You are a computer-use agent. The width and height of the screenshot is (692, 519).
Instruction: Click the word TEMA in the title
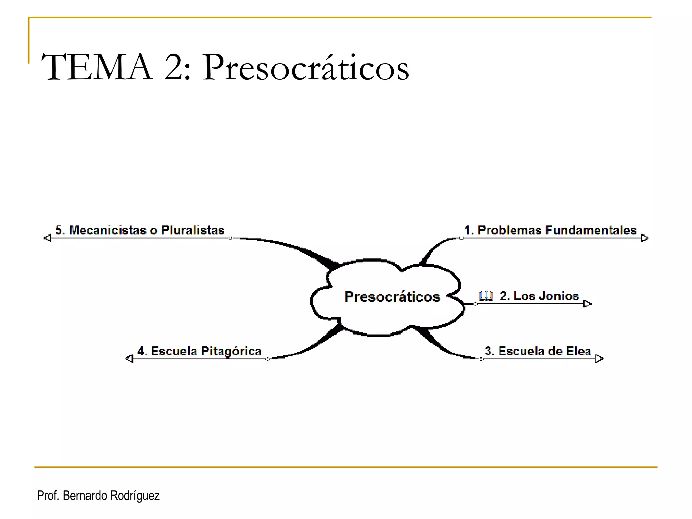(x=97, y=67)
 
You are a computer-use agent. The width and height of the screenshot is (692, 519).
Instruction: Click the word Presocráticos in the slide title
(x=306, y=67)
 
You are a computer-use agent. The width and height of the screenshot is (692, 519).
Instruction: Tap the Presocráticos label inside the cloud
(x=392, y=297)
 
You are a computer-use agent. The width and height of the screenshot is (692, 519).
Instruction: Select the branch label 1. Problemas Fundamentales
(x=550, y=230)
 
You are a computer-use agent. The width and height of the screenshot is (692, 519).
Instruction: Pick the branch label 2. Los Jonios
(x=539, y=296)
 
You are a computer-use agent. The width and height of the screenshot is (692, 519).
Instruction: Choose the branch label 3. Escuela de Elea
(x=538, y=351)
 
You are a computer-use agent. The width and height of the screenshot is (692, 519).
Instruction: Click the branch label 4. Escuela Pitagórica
(x=199, y=351)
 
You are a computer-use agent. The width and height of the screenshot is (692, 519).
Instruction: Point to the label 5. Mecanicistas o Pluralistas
(x=140, y=230)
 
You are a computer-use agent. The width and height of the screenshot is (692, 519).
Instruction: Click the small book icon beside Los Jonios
(x=486, y=296)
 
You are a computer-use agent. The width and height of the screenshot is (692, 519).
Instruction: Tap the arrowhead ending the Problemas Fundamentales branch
(x=645, y=238)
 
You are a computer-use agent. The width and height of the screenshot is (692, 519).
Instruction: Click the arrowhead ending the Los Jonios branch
(x=587, y=304)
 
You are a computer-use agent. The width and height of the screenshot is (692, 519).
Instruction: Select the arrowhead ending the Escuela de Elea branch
(x=599, y=359)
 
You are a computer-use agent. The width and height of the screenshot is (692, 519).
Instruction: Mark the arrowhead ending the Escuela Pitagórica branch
(x=129, y=359)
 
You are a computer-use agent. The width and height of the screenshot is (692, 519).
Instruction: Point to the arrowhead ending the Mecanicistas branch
(x=47, y=238)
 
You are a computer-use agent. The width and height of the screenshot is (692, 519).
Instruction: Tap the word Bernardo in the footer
(x=85, y=496)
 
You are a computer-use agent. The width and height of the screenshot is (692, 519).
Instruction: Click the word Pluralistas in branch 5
(x=193, y=230)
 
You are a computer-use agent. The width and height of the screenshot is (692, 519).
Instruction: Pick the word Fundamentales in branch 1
(x=591, y=230)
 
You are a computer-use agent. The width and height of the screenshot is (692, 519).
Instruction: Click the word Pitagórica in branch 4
(x=231, y=351)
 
